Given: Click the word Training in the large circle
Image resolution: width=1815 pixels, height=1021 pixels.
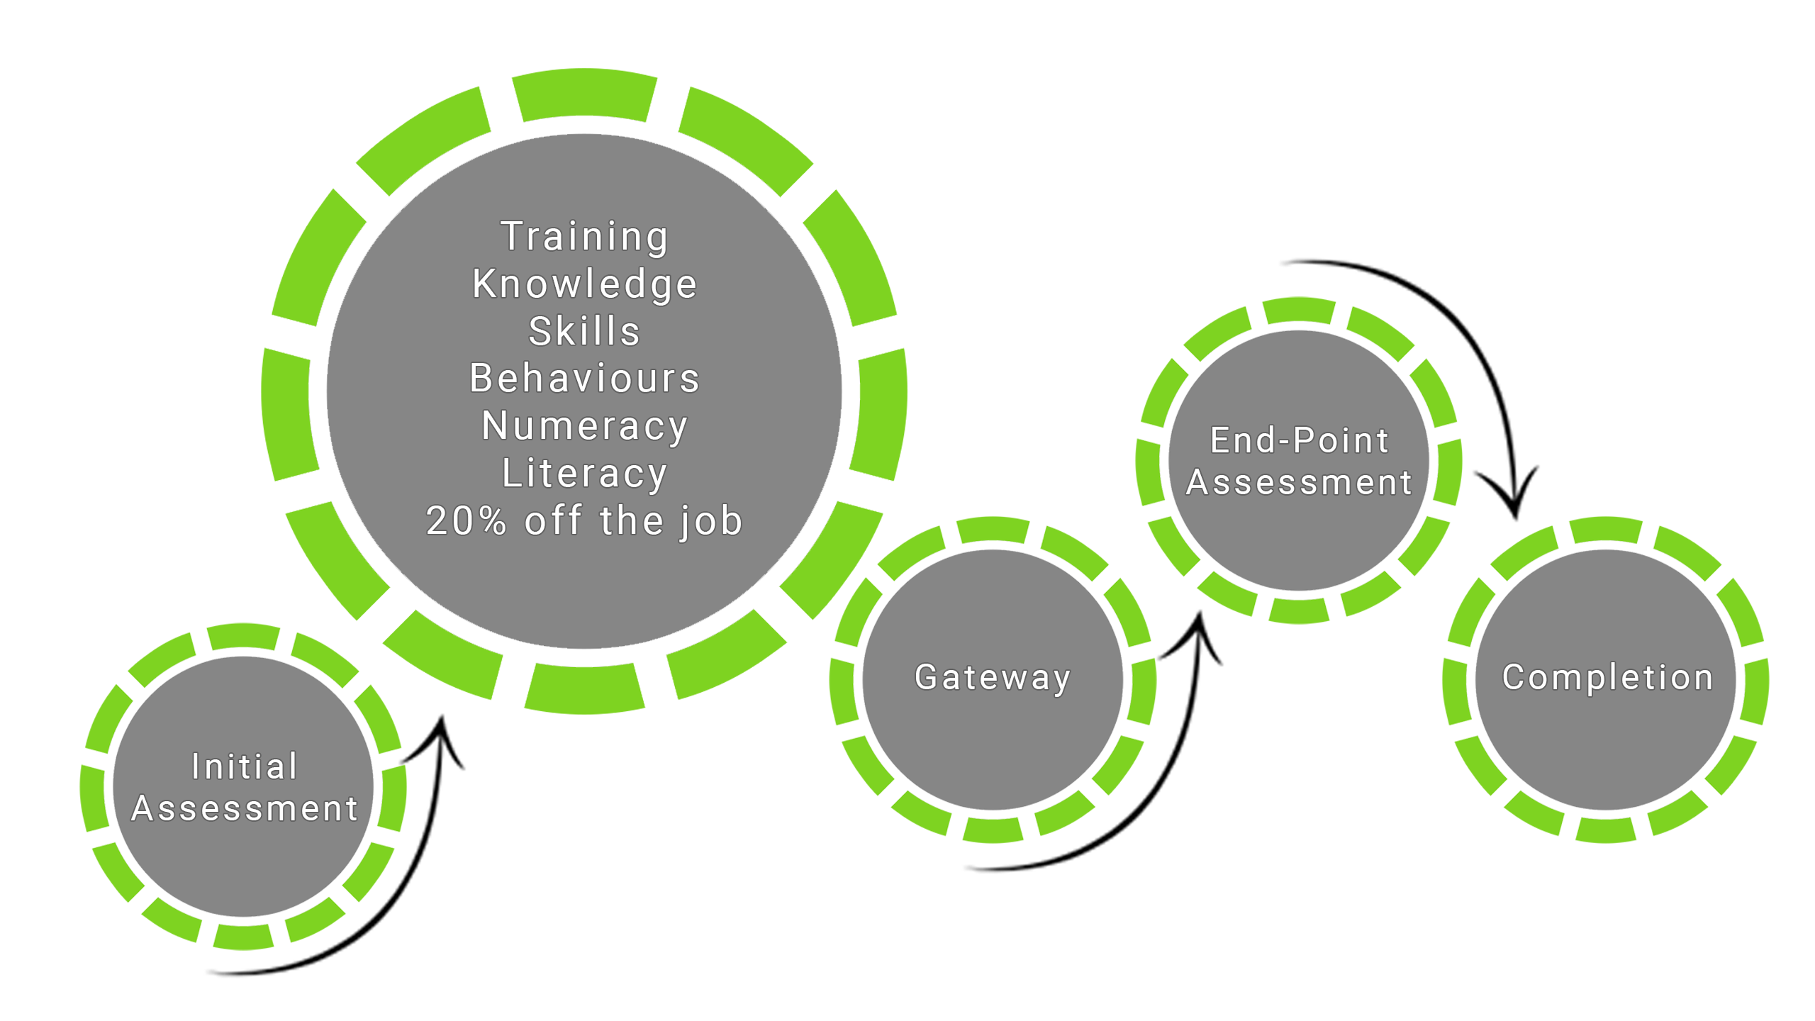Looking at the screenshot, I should [x=584, y=237].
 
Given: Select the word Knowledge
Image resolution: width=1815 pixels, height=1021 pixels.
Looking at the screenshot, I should [x=584, y=284].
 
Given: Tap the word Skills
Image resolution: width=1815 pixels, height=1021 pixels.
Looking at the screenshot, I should [x=584, y=331].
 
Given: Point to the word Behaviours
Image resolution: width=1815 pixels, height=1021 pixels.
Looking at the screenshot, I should [x=584, y=378].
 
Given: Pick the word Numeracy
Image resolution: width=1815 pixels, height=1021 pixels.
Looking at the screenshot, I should [x=584, y=426].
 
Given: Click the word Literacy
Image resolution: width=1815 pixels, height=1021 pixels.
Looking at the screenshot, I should [x=584, y=474].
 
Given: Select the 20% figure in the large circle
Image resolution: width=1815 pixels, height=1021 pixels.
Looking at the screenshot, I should [x=466, y=521].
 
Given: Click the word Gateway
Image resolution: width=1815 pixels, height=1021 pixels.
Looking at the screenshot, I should [x=992, y=677].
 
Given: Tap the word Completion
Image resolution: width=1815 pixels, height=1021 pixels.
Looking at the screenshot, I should [x=1607, y=677].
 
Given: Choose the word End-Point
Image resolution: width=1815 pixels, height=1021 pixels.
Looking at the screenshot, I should [x=1299, y=440].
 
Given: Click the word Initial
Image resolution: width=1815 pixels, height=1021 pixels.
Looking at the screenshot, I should [x=245, y=766].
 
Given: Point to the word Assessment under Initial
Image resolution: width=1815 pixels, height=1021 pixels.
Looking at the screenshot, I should [x=245, y=809].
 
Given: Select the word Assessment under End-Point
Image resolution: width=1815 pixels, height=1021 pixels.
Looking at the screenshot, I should [x=1299, y=483].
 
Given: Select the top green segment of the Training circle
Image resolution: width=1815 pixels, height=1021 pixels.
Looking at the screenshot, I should [x=584, y=93].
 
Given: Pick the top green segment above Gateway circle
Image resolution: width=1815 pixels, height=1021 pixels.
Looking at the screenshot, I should [x=993, y=529].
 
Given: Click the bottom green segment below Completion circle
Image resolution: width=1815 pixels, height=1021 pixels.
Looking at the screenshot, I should [x=1606, y=829].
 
